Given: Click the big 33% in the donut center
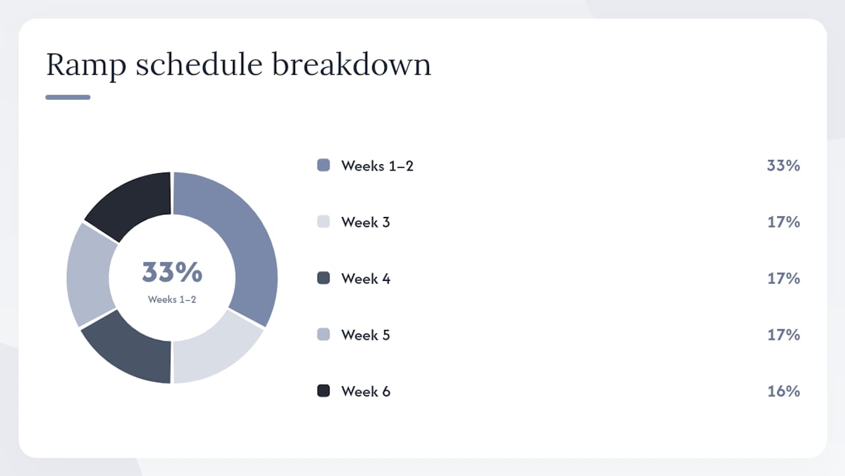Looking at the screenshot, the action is tap(172, 272).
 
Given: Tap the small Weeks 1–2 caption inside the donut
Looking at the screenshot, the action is tap(172, 299).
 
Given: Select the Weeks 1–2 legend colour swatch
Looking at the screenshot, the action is tap(323, 165).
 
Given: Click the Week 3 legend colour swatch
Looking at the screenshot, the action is tap(323, 221).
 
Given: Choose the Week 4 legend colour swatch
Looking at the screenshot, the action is tap(323, 278).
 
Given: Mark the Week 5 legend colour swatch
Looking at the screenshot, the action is tap(323, 335).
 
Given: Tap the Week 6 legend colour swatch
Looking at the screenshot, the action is tap(323, 391).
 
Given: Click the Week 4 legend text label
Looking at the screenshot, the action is tap(366, 279).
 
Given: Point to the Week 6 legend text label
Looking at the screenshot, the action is tap(366, 391).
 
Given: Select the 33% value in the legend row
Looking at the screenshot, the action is tap(783, 165).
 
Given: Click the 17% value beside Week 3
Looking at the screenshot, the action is tap(784, 222).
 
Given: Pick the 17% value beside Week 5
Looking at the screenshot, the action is tap(784, 335).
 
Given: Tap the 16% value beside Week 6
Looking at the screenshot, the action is tap(784, 391).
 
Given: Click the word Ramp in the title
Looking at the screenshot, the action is tap(86, 65).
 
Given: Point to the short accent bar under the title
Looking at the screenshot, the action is tap(68, 97).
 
